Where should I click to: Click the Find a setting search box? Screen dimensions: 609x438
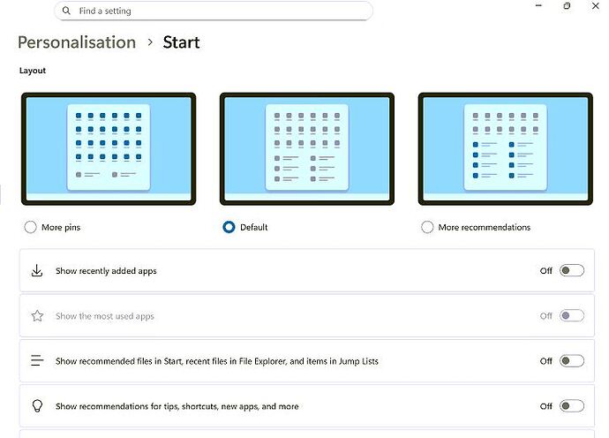coord(214,11)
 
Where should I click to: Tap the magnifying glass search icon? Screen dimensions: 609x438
coord(66,11)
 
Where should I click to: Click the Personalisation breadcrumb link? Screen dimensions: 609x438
coord(77,42)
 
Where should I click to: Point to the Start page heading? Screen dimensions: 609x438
coord(182,42)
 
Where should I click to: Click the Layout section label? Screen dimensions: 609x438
coord(33,71)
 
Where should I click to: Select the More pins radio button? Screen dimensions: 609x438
coord(30,227)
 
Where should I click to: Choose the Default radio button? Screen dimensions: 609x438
coord(229,227)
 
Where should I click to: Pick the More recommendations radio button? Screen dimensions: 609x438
coord(427,227)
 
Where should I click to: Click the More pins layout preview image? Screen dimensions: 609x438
coord(109,149)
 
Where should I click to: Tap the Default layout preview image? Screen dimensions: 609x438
coord(307,149)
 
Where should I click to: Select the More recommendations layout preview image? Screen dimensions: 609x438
coord(506,149)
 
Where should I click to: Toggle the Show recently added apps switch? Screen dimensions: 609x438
coord(572,270)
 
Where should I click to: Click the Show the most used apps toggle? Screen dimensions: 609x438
coord(572,315)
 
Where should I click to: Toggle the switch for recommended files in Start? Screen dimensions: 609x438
coord(572,360)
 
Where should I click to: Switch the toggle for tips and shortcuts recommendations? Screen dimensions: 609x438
coord(572,405)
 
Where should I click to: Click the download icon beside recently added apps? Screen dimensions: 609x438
coord(37,270)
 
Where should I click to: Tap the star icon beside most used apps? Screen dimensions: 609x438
coord(37,315)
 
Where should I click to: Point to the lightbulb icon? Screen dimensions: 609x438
coord(37,405)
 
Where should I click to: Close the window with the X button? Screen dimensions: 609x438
coord(596,6)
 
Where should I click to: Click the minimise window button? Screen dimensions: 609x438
coord(538,6)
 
